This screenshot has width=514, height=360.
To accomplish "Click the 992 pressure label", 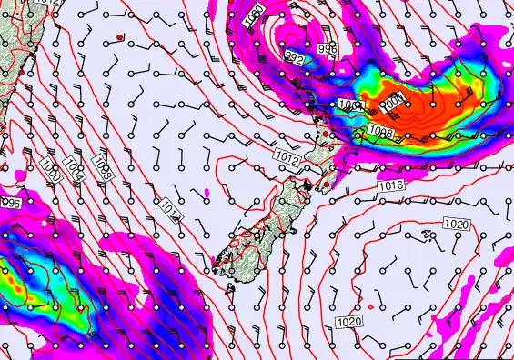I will (294, 56).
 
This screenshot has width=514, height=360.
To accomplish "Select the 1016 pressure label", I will (391, 185).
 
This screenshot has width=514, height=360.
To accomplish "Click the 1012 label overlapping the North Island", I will (287, 158).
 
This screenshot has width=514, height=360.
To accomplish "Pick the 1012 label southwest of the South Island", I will (170, 210).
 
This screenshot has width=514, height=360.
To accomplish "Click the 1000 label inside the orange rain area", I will (390, 105).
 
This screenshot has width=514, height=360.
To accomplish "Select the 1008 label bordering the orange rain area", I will (381, 133).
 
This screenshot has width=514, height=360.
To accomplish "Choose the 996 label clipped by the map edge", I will (10, 203).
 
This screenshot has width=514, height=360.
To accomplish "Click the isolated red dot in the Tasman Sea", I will (119, 36).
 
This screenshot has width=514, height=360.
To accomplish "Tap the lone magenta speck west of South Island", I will (207, 192).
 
